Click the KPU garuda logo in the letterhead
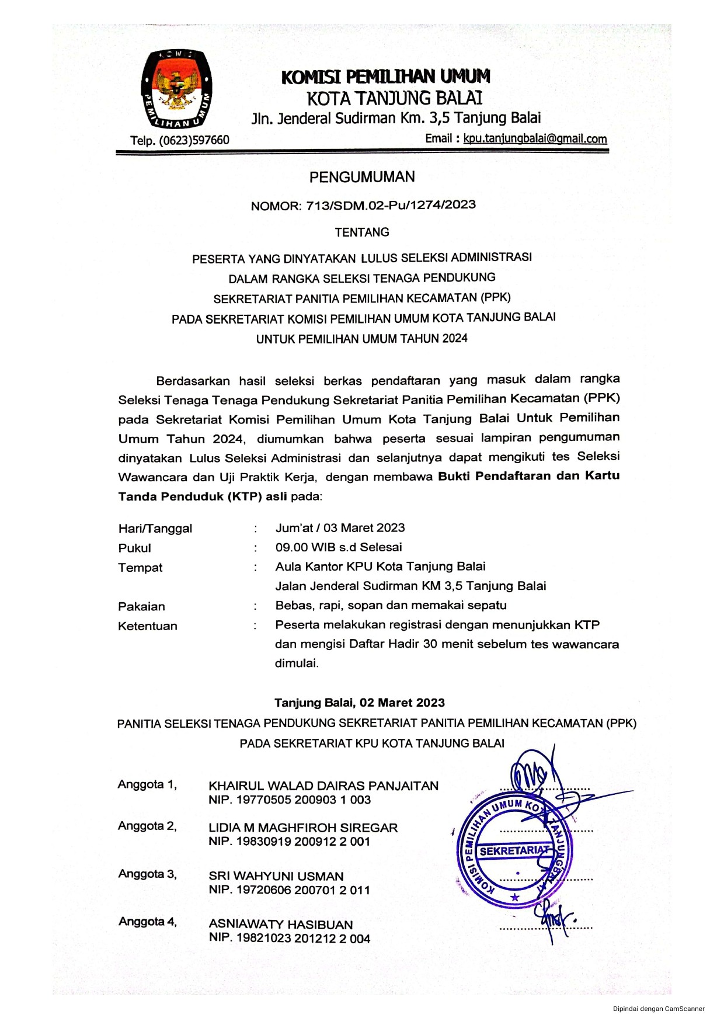(x=176, y=89)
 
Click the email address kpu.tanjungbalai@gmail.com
(x=535, y=139)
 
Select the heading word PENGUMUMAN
(x=362, y=177)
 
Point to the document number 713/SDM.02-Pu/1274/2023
(x=391, y=205)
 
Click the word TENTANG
(x=362, y=232)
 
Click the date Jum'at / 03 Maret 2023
(x=340, y=528)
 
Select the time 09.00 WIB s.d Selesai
(x=339, y=547)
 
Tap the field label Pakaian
(x=141, y=606)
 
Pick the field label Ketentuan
(x=147, y=626)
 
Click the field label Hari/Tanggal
(x=155, y=529)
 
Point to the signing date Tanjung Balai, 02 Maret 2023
(x=360, y=703)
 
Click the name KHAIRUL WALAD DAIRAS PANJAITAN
(x=323, y=786)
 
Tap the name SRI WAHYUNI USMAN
(x=276, y=876)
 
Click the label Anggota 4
(x=147, y=922)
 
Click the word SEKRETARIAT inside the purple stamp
(x=514, y=851)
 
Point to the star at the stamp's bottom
(x=514, y=897)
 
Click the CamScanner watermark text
(x=659, y=1009)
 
